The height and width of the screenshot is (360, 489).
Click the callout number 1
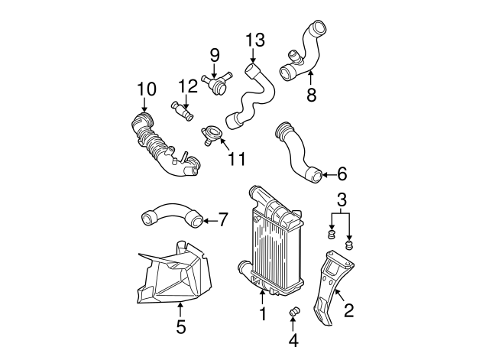[262, 313]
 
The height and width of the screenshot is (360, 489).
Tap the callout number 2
[349, 310]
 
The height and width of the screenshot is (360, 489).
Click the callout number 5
[180, 327]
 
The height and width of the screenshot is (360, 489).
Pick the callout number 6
[342, 174]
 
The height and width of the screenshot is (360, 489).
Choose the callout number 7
[222, 221]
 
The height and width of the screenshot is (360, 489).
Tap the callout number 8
[311, 96]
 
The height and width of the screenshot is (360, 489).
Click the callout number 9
[215, 55]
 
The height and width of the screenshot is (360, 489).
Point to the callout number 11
[237, 159]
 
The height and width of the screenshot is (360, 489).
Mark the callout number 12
[188, 86]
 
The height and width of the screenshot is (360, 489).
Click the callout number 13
[254, 40]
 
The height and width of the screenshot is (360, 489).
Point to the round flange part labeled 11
[213, 135]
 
